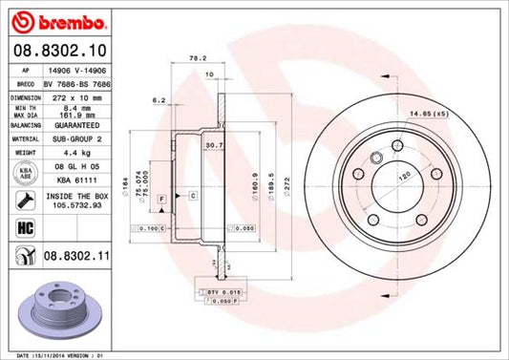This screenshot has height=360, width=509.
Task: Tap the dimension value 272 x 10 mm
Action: pyautogui.click(x=76, y=96)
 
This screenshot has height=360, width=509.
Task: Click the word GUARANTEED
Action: pyautogui.click(x=77, y=123)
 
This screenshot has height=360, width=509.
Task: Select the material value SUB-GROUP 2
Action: pyautogui.click(x=77, y=137)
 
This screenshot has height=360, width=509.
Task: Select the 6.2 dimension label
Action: pyautogui.click(x=159, y=99)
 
